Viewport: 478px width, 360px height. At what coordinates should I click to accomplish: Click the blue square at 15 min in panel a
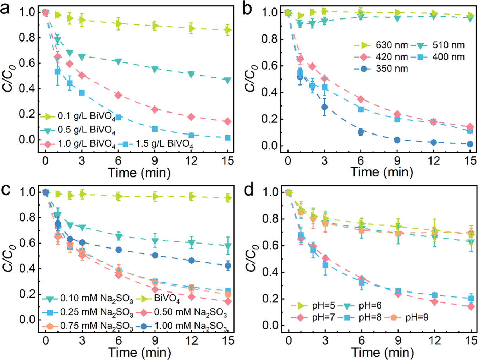click(x=227, y=138)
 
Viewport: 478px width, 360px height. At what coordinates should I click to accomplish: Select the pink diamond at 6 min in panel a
click(x=118, y=95)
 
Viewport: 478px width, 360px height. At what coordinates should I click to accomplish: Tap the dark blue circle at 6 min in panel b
click(x=361, y=132)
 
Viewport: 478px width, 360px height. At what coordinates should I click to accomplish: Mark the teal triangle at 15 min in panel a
click(x=227, y=80)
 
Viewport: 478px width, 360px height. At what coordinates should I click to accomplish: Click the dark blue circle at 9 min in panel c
click(x=155, y=255)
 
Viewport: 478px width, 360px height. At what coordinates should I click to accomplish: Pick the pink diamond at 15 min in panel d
click(x=471, y=307)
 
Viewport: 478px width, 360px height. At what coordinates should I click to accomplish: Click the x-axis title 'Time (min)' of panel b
click(x=382, y=172)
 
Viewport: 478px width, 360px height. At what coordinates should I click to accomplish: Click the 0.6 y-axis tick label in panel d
click(x=270, y=246)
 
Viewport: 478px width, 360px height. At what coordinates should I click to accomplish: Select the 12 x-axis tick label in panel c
click(x=192, y=341)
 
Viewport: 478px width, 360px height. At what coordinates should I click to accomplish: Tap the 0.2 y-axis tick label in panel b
click(x=269, y=119)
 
